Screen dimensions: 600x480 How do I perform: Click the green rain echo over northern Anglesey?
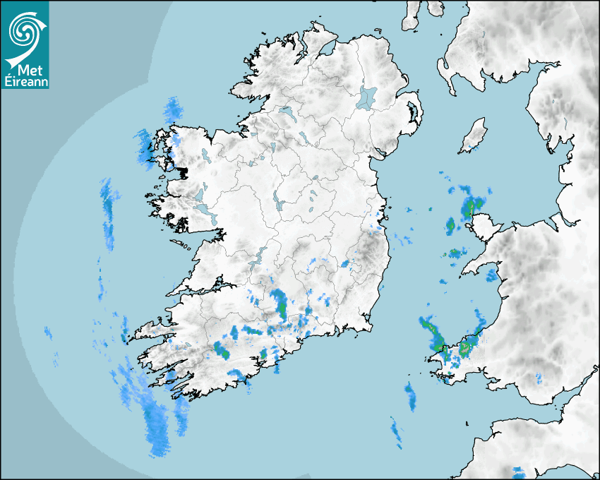pos(469,208)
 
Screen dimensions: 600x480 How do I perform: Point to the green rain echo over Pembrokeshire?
pos(464,349)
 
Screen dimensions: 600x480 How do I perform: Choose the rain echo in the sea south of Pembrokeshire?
pos(410,395)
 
